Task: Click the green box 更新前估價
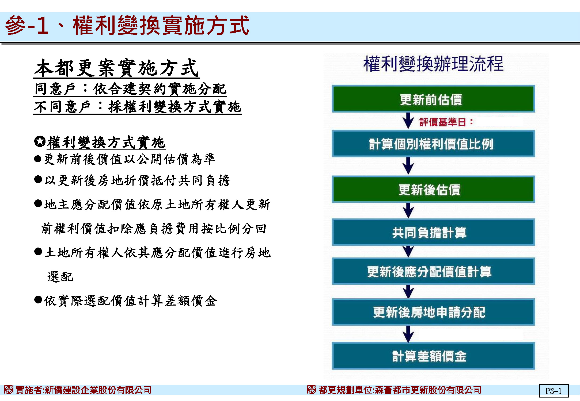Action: coord(433,99)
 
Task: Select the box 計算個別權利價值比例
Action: coord(433,144)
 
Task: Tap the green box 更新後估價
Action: coord(433,189)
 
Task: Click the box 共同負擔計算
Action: coord(433,232)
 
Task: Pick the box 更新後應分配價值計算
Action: coord(433,271)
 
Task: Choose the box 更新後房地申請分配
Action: coord(433,312)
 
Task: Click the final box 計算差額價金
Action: coord(433,356)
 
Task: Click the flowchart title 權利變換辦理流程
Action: coord(433,64)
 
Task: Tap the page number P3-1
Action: coord(554,391)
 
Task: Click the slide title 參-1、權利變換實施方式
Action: coord(127,25)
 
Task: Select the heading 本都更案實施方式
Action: coord(116,68)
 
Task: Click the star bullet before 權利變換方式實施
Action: coord(40,141)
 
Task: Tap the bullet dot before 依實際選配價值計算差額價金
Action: coord(38,299)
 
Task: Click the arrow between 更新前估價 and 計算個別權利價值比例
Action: coord(408,121)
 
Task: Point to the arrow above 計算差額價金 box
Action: coord(408,334)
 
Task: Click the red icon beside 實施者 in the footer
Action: coord(9,390)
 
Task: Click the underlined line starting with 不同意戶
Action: coord(138,107)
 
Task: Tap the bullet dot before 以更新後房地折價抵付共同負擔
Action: coord(38,179)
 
